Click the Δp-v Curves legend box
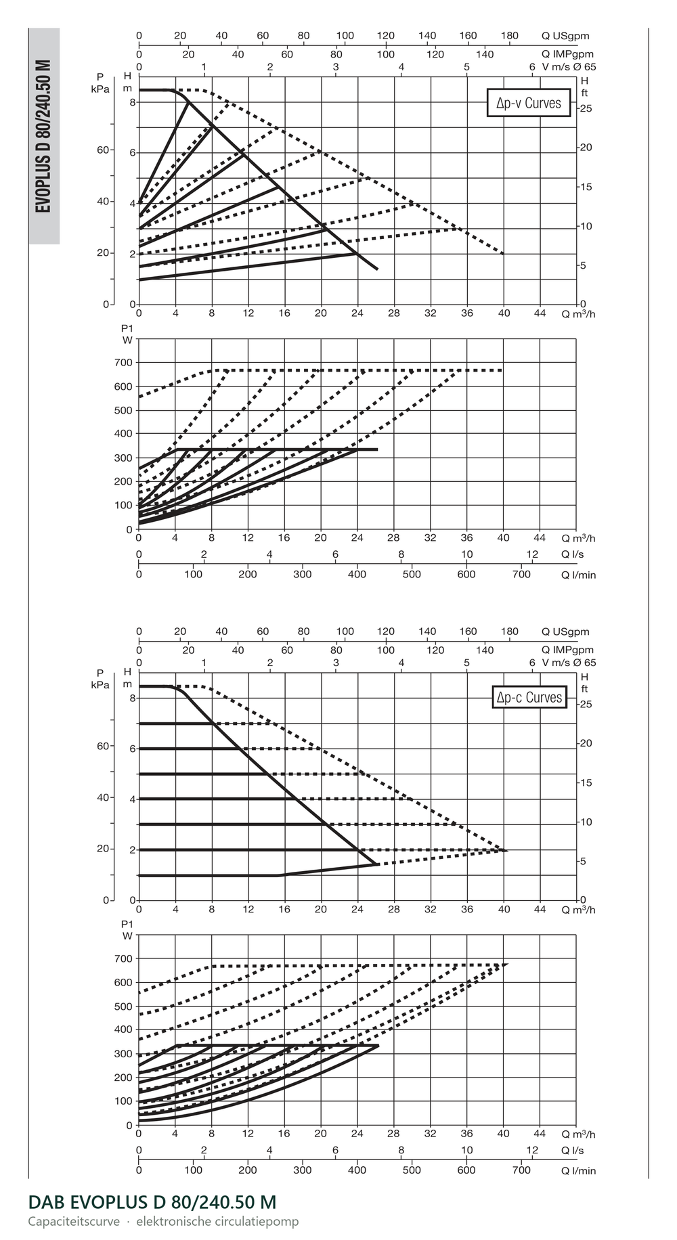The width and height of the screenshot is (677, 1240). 528,103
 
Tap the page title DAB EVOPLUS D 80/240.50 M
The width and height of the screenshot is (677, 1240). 152,1201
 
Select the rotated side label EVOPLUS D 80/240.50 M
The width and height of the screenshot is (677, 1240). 44,135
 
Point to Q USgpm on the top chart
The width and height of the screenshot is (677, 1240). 565,36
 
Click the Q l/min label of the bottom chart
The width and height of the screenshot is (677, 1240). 578,1170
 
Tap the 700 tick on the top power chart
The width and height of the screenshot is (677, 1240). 123,363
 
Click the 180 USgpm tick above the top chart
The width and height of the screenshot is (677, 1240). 509,35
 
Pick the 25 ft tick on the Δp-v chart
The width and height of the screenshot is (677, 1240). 586,108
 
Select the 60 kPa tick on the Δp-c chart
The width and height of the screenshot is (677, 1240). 102,746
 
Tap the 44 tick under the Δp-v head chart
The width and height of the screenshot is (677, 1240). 540,313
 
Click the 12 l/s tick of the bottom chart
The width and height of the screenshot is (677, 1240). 532,1150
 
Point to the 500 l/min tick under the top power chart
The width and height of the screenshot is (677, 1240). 412,575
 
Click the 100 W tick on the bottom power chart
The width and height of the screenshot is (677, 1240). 123,1101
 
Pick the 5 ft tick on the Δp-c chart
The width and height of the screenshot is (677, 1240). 584,862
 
